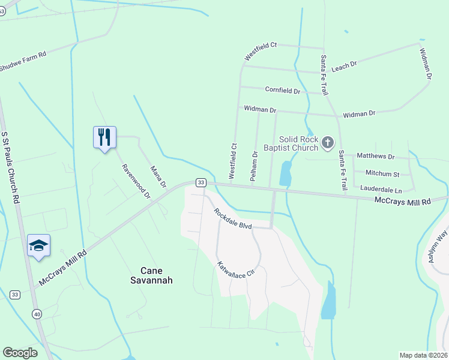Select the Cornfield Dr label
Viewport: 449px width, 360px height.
[282, 91]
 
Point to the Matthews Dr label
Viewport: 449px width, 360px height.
[376, 157]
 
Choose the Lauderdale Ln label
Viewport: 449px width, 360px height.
[380, 188]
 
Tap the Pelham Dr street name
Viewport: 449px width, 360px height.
[255, 166]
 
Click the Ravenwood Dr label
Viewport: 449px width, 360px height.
[136, 181]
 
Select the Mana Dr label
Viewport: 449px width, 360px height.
[157, 176]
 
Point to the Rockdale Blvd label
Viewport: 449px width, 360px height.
[234, 218]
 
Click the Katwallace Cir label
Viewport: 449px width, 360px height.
[236, 263]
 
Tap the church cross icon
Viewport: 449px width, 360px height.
[327, 143]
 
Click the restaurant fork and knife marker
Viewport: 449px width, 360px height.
[104, 137]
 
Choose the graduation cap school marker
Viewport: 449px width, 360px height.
[38, 245]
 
